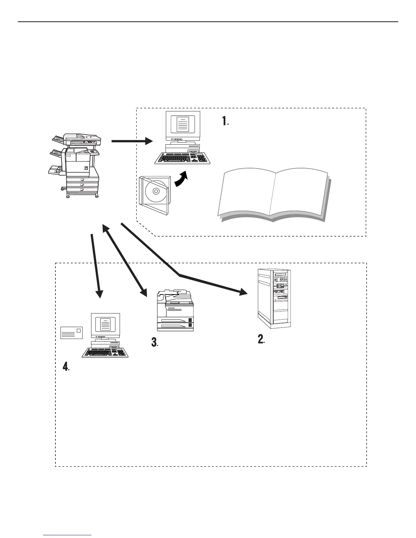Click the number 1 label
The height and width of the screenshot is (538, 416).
point(225,121)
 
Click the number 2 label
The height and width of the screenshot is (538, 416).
point(261,339)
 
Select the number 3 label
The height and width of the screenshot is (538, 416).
point(155,343)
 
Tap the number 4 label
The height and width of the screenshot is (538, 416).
point(66,366)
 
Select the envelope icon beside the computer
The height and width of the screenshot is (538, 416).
point(71,333)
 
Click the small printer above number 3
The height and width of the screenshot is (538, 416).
point(175,311)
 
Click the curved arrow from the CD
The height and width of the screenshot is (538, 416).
point(181,179)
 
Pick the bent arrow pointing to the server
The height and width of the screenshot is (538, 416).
point(180,273)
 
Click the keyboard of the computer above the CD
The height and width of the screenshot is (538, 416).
point(183,158)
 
